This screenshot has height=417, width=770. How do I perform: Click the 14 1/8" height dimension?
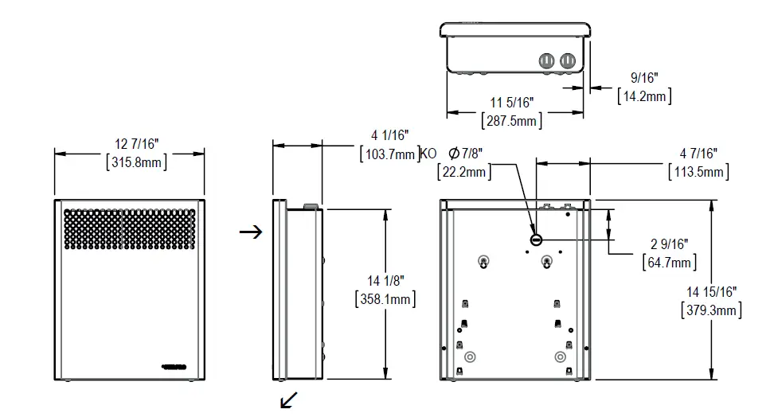click(385, 280)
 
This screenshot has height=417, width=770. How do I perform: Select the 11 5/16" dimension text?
click(511, 102)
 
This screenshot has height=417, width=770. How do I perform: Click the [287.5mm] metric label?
click(511, 121)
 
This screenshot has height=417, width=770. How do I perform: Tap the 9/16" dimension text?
click(644, 77)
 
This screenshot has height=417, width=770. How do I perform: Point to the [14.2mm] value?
click(644, 95)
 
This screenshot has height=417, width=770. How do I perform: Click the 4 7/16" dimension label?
click(698, 153)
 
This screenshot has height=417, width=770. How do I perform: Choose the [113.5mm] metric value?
click(698, 171)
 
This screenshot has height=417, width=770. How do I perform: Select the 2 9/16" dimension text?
click(669, 244)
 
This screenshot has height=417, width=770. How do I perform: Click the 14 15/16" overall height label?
click(711, 291)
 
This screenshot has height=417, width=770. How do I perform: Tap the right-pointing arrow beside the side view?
click(251, 232)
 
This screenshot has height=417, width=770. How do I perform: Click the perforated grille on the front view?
click(129, 228)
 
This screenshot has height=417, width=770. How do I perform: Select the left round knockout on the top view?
click(547, 60)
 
